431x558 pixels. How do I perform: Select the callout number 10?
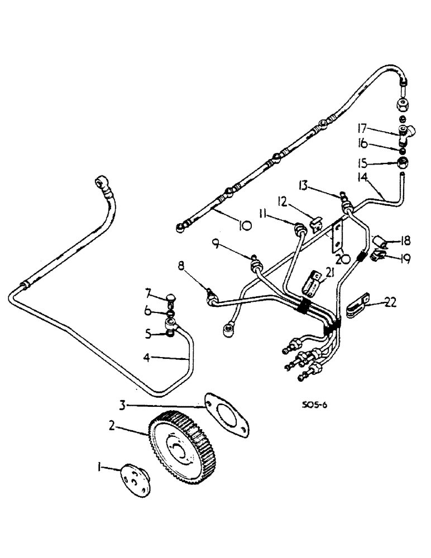[x=244, y=225]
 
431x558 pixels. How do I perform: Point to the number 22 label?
[x=391, y=303]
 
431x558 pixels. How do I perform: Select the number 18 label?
[x=405, y=241]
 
